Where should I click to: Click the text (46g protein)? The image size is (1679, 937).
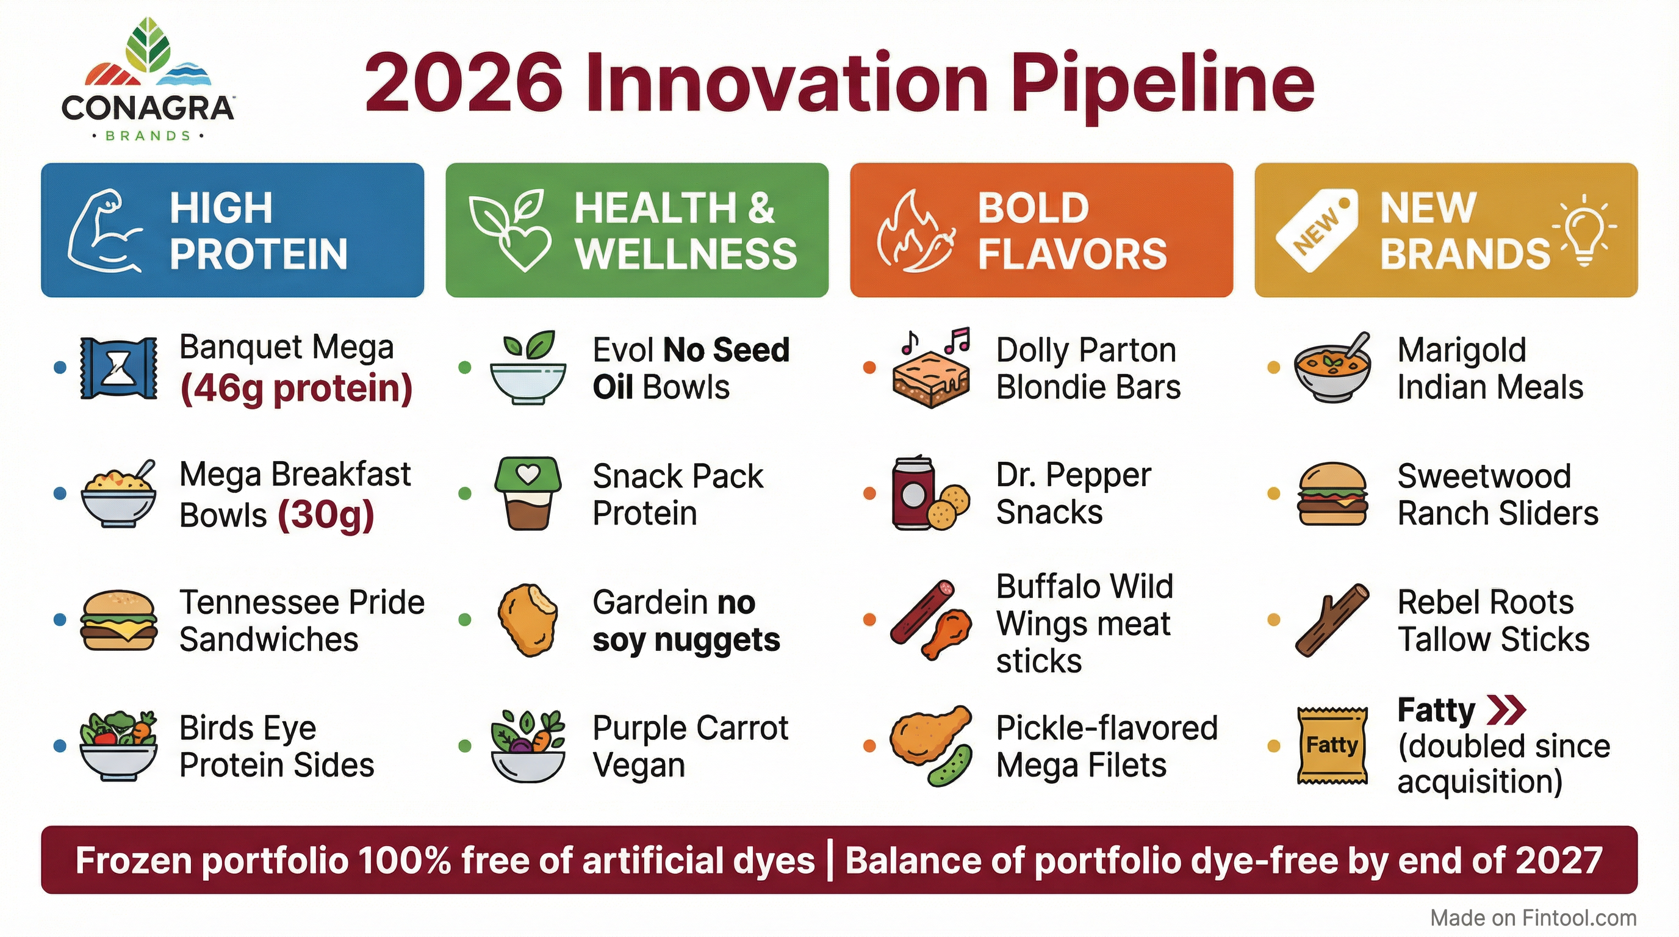(x=296, y=389)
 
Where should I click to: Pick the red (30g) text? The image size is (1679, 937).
(x=326, y=515)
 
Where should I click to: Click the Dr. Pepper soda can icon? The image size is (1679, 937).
(x=912, y=494)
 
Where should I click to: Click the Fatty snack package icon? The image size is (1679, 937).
(x=1332, y=745)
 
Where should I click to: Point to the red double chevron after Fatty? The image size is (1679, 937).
(x=1506, y=710)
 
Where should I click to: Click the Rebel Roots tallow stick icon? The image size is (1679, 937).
(x=1331, y=620)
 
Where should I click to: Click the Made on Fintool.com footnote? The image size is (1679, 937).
(x=1533, y=917)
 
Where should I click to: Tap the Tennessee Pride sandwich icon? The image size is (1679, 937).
(x=118, y=620)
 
